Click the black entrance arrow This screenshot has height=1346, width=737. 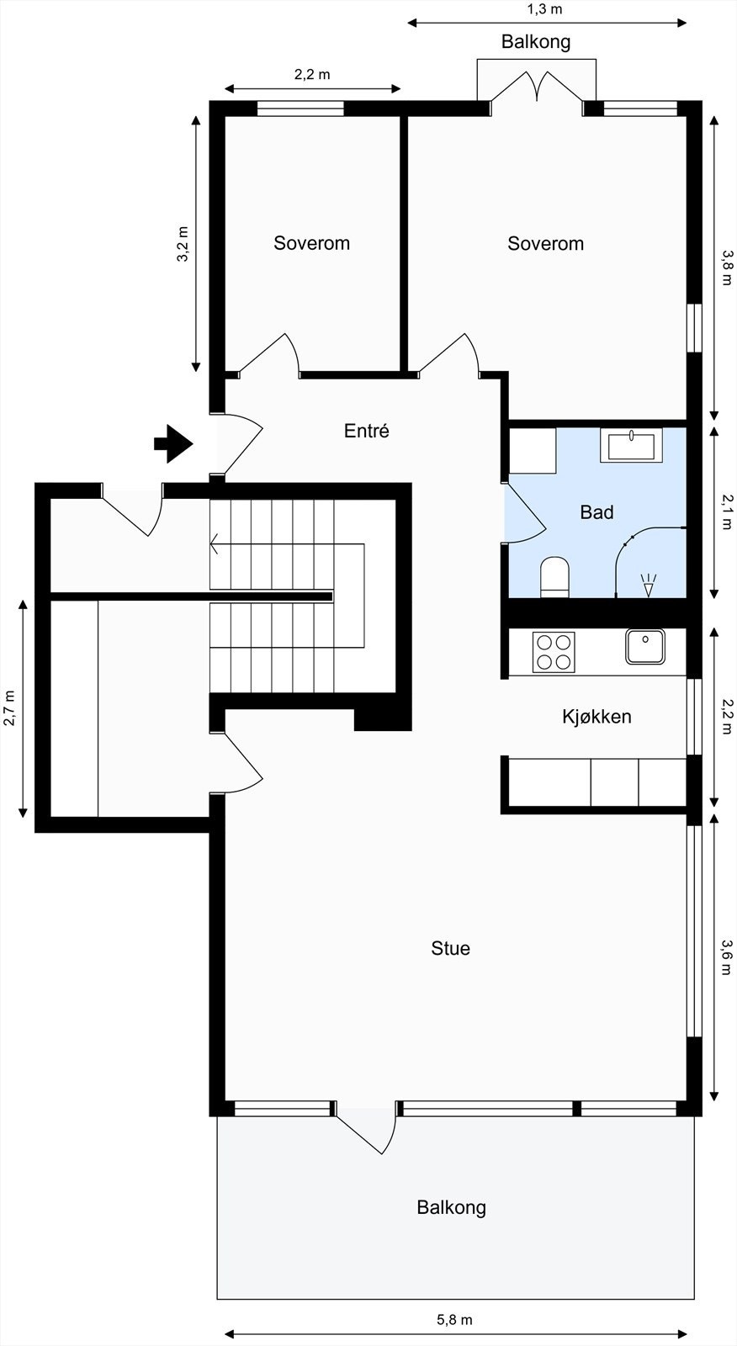pos(173,443)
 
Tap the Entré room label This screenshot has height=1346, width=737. pos(367,431)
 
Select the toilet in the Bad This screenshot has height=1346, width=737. pos(554,577)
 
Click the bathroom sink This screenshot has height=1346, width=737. pos(631,445)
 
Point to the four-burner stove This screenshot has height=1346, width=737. pos(554,652)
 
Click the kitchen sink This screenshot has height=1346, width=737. pos(644,646)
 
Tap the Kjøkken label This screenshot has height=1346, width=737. pos(596,717)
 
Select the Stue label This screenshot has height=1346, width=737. pos(450,948)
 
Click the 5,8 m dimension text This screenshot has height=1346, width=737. pos(454,1320)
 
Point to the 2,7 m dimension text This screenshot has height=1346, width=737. pos(10,708)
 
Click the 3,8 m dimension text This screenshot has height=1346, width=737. pos(727,267)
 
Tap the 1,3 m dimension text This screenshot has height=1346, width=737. pos(544,10)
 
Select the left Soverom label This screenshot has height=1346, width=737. pos(311,243)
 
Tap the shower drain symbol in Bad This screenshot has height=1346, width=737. pos(648,584)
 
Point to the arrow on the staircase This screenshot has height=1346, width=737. pos(217,545)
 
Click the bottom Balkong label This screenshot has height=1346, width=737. pos(451,1207)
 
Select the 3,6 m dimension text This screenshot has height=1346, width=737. pos(727,957)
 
